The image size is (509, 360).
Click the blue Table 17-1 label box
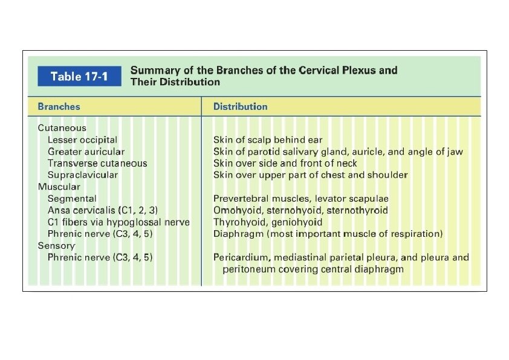pos(79,76)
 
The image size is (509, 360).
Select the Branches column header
pos(59,106)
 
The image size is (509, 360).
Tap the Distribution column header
pos(240,106)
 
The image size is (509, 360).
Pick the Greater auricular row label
pos(86,152)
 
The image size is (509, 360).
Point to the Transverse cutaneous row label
pos(97,163)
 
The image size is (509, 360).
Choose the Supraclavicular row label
pos(82,175)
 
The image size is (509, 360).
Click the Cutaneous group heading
pos(62,128)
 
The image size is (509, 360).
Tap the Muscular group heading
pos(59,187)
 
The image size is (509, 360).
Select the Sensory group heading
pos(56,246)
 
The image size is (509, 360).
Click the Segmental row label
pos(72,198)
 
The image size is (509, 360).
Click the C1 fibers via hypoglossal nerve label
pos(118,222)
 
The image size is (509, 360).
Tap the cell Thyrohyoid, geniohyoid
pos(267,222)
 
